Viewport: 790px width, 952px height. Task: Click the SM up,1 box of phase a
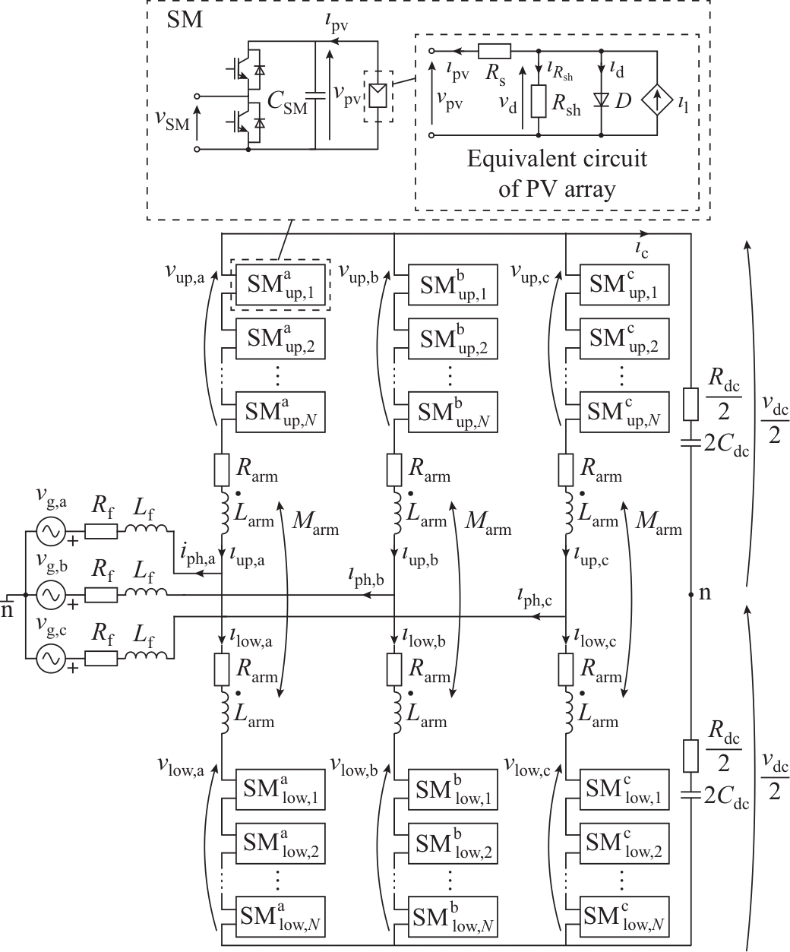pyautogui.click(x=280, y=284)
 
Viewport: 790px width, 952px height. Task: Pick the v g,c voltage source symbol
pyautogui.click(x=51, y=659)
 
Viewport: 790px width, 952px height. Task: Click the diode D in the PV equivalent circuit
pyautogui.click(x=602, y=100)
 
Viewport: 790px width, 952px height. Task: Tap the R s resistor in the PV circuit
pyautogui.click(x=495, y=52)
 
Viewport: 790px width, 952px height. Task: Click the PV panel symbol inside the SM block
pyautogui.click(x=378, y=96)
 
